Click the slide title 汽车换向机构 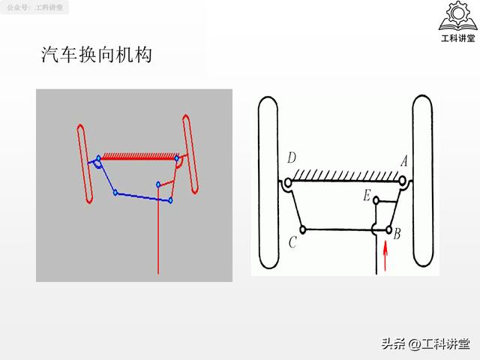coord(97,55)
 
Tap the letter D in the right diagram coord(292,158)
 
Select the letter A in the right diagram coord(404,160)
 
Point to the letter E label coord(367,195)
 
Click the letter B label coord(397,234)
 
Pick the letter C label coord(292,242)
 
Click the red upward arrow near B coord(385,256)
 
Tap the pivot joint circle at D coord(288,183)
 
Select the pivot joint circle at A coord(403,181)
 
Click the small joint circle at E coord(376,201)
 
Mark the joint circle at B coord(389,229)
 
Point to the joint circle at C coord(302,229)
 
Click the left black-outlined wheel coord(268,183)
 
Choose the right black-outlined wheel coord(423,181)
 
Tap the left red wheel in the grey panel coord(85,163)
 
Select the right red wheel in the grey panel coord(190,154)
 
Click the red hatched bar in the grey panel coord(139,156)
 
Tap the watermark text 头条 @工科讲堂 coord(425,343)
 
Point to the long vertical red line coord(158,229)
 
